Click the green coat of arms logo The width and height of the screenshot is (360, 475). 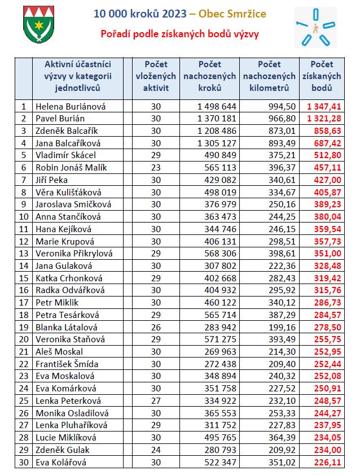click(x=39, y=24)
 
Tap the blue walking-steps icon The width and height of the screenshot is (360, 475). click(x=315, y=27)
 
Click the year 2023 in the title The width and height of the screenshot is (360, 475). click(x=174, y=14)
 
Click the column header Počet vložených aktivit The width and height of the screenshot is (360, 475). click(x=156, y=76)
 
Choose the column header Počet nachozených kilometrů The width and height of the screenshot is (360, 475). click(x=269, y=76)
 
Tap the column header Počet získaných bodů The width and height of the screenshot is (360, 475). click(x=322, y=76)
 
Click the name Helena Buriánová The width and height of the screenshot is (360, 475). click(x=71, y=107)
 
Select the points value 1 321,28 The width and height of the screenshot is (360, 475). click(x=324, y=119)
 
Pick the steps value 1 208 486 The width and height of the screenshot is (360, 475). click(x=217, y=131)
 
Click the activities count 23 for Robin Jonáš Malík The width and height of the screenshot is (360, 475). click(x=156, y=168)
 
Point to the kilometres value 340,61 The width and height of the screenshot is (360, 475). click(x=282, y=180)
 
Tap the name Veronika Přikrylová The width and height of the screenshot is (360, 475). click(x=74, y=253)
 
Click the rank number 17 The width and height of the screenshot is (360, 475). click(x=24, y=303)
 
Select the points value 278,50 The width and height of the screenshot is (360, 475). click(x=328, y=328)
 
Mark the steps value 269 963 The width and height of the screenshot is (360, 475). click(x=220, y=352)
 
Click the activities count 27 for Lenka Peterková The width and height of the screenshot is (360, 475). click(x=156, y=401)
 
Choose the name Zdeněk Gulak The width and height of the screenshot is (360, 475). click(x=62, y=450)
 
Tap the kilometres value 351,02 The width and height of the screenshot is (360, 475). click(x=282, y=462)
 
